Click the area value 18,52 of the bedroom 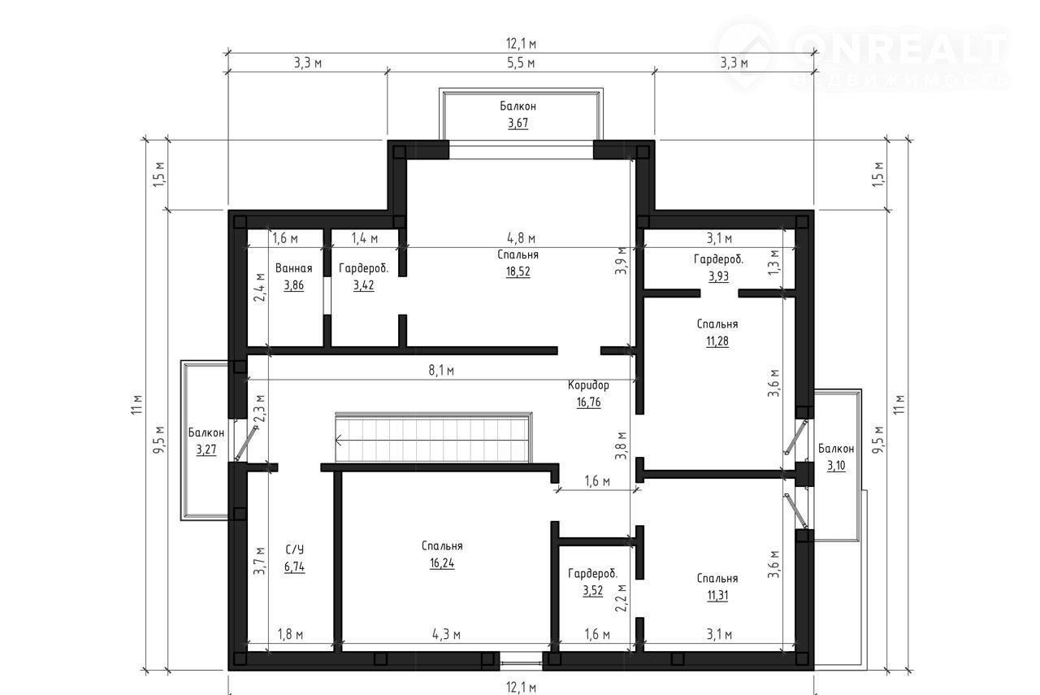click(518, 271)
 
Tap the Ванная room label click(293, 268)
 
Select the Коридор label click(588, 385)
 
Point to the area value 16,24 click(442, 563)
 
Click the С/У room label click(294, 549)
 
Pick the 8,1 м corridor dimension click(441, 371)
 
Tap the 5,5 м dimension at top click(521, 63)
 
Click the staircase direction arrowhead click(336, 440)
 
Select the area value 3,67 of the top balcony click(518, 123)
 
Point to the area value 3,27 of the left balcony click(206, 450)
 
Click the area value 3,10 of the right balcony click(836, 466)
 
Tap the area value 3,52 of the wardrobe click(593, 590)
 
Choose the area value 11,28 click(717, 341)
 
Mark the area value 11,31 click(717, 596)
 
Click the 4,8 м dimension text click(521, 238)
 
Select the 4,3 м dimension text click(446, 634)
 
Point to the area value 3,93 click(718, 276)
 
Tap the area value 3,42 click(363, 285)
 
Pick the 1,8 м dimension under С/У click(290, 634)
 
